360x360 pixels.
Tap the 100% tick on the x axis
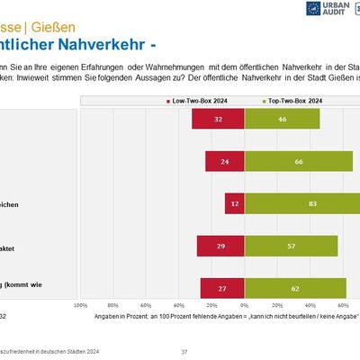[81, 306]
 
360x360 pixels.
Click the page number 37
[184, 351]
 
